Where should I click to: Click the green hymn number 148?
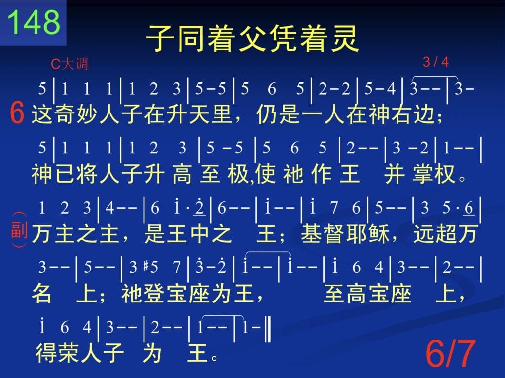tap(34, 22)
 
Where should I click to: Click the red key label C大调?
tap(70, 64)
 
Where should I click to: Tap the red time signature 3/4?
tap(435, 62)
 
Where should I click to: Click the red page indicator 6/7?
tap(450, 354)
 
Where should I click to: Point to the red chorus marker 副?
tap(19, 229)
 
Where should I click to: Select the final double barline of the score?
tap(268, 329)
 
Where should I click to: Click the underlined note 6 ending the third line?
tap(469, 208)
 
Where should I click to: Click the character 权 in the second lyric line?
tap(445, 174)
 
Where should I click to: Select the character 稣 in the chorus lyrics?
tap(378, 233)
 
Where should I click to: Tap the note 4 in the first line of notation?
tap(391, 89)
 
